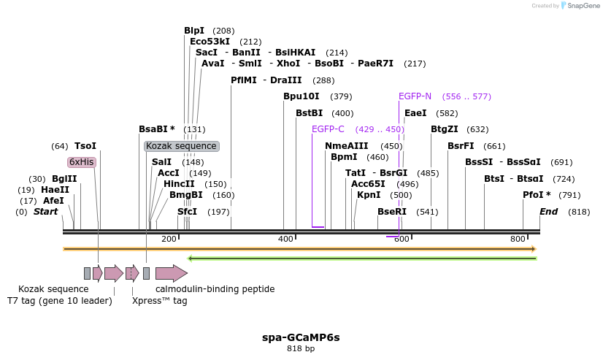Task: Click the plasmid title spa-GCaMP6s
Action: pyautogui.click(x=301, y=337)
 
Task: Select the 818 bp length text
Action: pyautogui.click(x=301, y=349)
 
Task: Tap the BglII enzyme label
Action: pyautogui.click(x=64, y=179)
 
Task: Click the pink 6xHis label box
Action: pyautogui.click(x=82, y=162)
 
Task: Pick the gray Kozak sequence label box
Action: pyautogui.click(x=182, y=146)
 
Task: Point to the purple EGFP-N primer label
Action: pyautogui.click(x=415, y=96)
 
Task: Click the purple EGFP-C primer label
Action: pyautogui.click(x=328, y=129)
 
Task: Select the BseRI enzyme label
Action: pyautogui.click(x=392, y=212)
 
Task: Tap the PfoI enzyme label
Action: pyautogui.click(x=537, y=195)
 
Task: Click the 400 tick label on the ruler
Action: pyautogui.click(x=285, y=240)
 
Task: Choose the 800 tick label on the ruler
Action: pyautogui.click(x=518, y=240)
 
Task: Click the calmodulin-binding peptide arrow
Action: pyautogui.click(x=171, y=274)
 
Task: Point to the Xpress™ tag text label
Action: pyautogui.click(x=159, y=301)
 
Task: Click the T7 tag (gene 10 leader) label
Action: pyautogui.click(x=60, y=301)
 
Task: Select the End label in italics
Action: pyautogui.click(x=548, y=212)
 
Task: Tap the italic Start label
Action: pyautogui.click(x=45, y=212)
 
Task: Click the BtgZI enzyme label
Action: pyautogui.click(x=445, y=129)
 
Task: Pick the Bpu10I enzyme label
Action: pyautogui.click(x=301, y=96)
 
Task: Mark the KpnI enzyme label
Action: pyautogui.click(x=369, y=195)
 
